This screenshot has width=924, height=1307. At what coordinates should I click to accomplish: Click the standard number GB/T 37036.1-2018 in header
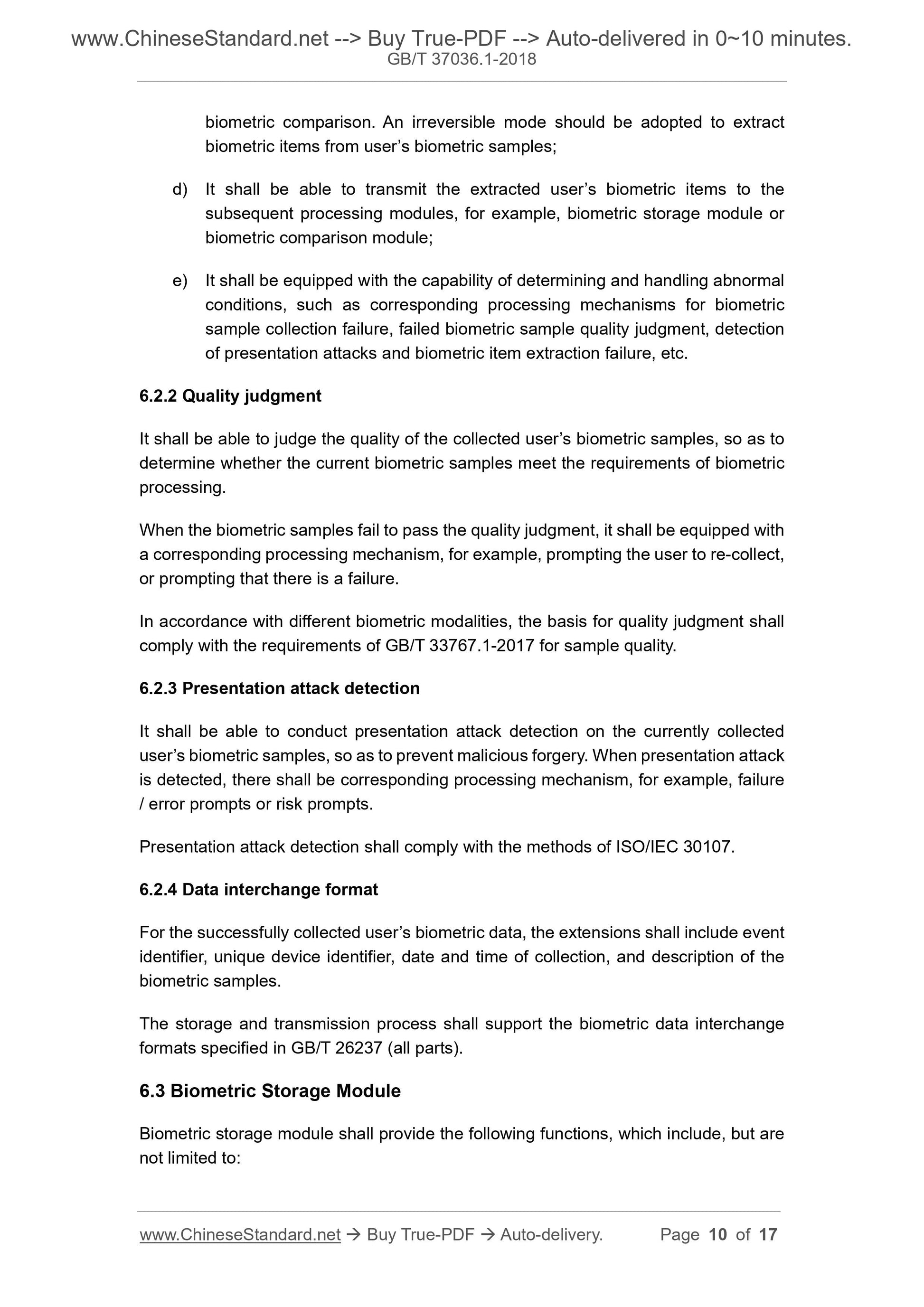point(461,59)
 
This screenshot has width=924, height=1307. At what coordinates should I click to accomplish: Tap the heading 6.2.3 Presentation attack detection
point(279,689)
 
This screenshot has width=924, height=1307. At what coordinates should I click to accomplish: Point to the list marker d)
point(180,189)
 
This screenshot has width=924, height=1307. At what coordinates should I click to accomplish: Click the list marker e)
point(180,281)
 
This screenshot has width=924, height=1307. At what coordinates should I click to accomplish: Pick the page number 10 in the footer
point(717,1235)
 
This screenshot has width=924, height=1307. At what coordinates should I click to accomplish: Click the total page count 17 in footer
point(768,1235)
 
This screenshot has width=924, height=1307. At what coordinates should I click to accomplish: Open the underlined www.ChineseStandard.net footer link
point(240,1235)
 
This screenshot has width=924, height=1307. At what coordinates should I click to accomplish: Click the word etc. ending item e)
point(675,354)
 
